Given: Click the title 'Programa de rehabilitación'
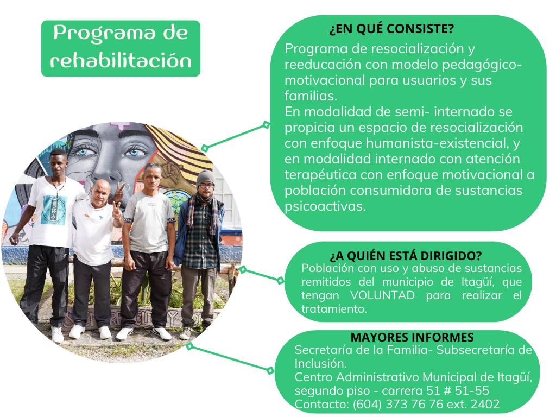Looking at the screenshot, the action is click(x=121, y=47).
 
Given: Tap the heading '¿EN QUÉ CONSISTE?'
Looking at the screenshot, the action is click(x=391, y=29).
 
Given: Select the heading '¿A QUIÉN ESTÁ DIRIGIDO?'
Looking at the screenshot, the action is click(x=406, y=256).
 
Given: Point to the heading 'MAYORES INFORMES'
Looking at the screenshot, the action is click(x=412, y=337).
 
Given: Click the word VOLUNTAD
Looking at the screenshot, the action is click(x=382, y=295).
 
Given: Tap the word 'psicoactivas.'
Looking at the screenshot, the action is click(x=325, y=206).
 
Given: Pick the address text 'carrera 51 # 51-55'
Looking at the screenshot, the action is click(x=435, y=390).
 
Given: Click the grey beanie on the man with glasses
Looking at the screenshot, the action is click(x=205, y=178).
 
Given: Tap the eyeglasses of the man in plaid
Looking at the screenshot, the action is click(x=206, y=186).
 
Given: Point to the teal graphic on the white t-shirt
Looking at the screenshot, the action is click(x=54, y=210).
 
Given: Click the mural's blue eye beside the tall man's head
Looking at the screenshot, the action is click(x=83, y=152).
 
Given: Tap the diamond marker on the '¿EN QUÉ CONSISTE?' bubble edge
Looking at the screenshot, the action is click(x=266, y=125).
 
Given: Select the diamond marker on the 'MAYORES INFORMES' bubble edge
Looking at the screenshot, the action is click(x=270, y=371).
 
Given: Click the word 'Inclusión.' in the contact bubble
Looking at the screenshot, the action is click(x=320, y=363).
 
